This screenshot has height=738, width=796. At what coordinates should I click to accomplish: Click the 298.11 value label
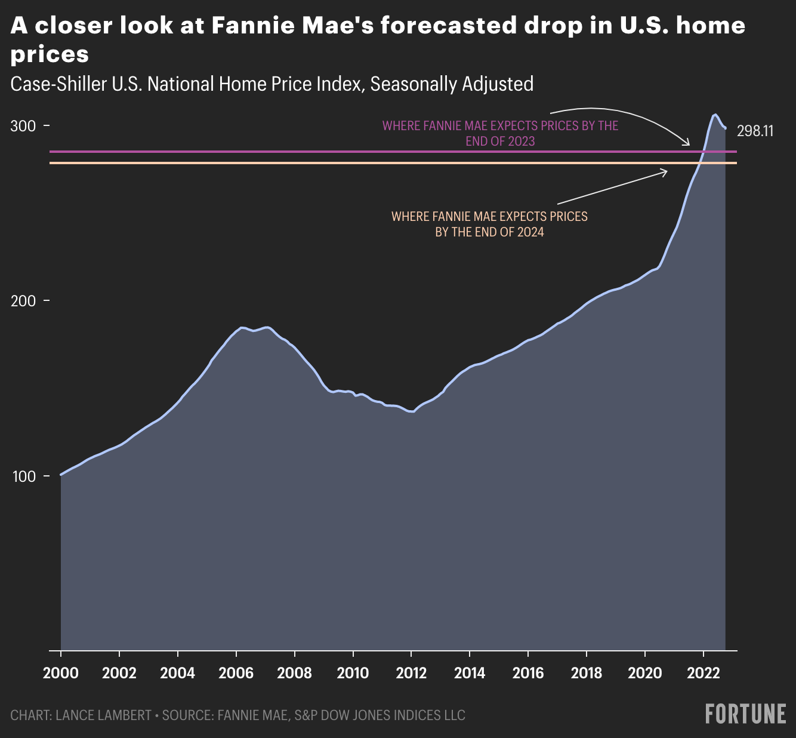755,131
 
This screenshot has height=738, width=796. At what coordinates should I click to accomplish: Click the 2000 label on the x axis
61,673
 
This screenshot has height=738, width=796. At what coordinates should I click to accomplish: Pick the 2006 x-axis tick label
236,673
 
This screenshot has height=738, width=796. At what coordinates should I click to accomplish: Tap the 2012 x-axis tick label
411,673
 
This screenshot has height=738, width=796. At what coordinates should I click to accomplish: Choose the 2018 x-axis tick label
587,673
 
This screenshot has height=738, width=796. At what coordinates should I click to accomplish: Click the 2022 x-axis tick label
704,673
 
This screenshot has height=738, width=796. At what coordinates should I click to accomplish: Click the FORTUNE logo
745,714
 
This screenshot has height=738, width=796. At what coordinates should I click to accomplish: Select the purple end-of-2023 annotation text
500,134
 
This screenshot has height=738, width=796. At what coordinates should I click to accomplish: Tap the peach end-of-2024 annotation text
489,224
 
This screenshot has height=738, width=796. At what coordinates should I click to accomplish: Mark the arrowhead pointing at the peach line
666,171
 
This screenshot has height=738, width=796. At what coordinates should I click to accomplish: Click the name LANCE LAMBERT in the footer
103,715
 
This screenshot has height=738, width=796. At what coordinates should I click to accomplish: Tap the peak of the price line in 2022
714,114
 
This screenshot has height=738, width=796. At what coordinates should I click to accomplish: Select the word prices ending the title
50,54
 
